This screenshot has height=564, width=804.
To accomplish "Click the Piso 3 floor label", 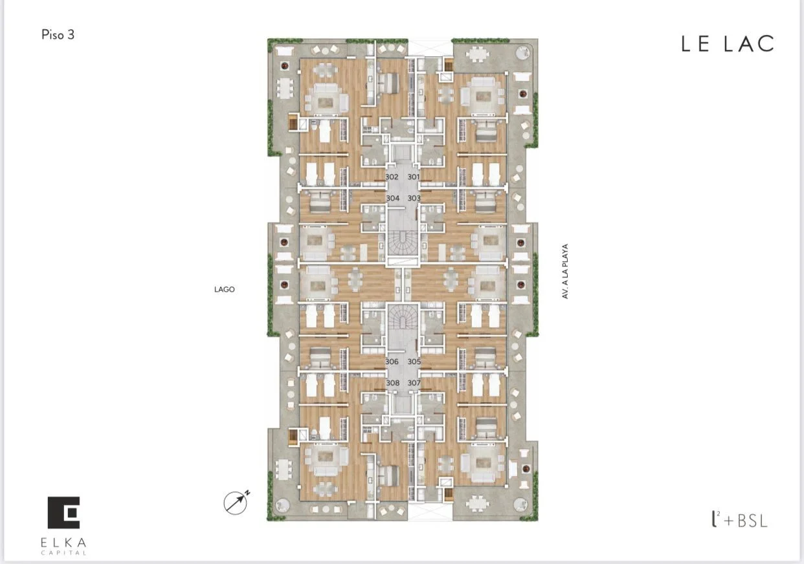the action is point(58,35).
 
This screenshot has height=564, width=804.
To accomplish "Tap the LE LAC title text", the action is point(728,44).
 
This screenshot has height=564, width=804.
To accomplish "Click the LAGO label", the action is point(225,289).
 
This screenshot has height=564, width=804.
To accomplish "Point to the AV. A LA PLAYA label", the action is point(565,271).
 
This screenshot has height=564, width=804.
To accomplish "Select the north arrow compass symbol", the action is point(236,502).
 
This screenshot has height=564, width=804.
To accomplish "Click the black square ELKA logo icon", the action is point(63,512).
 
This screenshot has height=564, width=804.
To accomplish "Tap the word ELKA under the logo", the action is point(63,542).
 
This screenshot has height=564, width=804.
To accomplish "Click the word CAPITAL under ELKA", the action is point(63,552).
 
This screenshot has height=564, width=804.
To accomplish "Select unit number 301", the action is point(414,177).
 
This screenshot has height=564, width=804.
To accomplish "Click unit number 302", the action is point(392,177).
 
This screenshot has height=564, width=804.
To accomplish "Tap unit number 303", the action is point(414,198).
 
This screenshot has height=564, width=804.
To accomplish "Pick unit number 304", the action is point(393,198).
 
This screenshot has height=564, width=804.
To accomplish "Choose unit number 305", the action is point(414,362).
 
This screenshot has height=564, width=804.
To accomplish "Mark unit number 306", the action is point(392,362).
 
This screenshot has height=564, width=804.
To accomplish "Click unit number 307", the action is point(414,383).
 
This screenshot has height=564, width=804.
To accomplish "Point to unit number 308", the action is point(393,383).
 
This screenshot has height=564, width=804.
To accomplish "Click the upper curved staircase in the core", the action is point(403,243).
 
